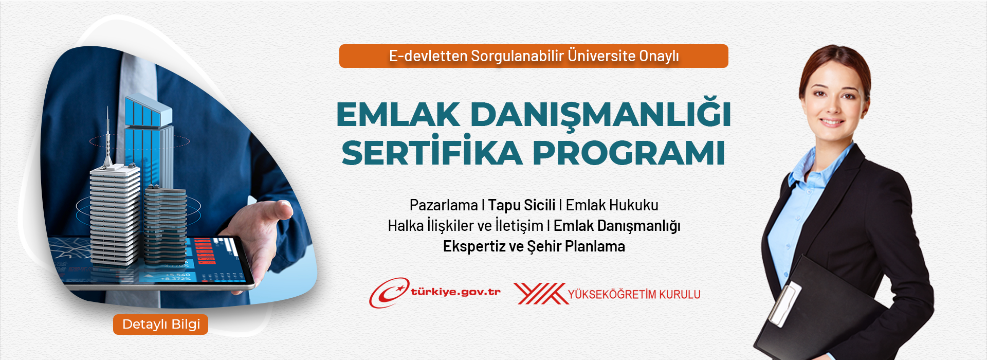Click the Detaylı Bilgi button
click(160, 325)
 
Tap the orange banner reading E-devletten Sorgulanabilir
click(534, 56)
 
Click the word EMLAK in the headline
click(398, 114)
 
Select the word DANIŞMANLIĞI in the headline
click(600, 114)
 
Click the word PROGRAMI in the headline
click(629, 153)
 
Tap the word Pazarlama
click(444, 205)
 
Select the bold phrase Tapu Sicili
click(522, 205)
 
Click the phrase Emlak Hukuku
click(612, 205)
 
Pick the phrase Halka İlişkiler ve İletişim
click(466, 225)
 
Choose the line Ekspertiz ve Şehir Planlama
click(534, 246)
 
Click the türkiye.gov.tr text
click(455, 292)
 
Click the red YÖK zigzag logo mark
click(540, 294)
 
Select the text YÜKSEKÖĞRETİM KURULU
click(634, 295)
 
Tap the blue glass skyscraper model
click(148, 139)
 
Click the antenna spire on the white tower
click(108, 136)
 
